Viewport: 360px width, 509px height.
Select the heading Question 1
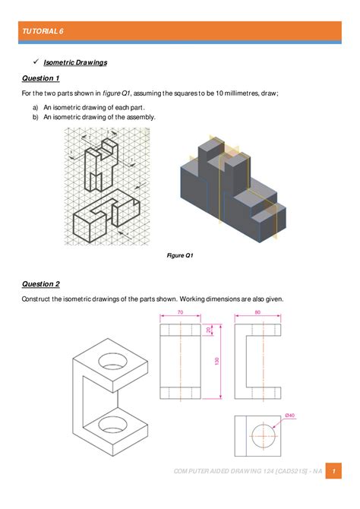tap(40, 78)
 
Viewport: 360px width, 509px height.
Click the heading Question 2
tap(40, 284)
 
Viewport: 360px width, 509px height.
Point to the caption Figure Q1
tap(180, 255)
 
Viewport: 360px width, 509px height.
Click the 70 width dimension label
tap(180, 312)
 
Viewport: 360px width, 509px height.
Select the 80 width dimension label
tap(258, 312)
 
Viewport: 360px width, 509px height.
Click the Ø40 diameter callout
tap(289, 415)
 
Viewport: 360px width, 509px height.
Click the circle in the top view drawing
tap(258, 435)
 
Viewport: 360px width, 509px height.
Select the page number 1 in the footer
tap(339, 471)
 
